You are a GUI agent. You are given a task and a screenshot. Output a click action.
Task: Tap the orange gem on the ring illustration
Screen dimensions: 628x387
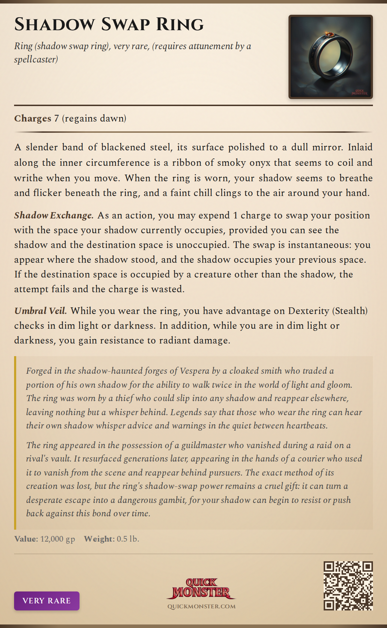(330, 34)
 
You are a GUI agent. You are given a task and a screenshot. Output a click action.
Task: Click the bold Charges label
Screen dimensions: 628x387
(32, 118)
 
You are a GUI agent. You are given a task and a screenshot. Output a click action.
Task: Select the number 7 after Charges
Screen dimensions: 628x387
(56, 118)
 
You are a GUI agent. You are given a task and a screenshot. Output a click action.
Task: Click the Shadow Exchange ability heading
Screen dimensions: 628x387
(53, 215)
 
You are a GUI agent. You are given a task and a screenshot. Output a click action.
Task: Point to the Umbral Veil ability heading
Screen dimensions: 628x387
(40, 311)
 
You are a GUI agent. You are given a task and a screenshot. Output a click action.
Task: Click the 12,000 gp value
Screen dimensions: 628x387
(58, 539)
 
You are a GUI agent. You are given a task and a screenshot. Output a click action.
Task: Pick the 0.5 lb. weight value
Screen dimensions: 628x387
(128, 539)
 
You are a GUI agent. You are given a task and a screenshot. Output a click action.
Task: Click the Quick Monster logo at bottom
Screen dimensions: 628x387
(201, 588)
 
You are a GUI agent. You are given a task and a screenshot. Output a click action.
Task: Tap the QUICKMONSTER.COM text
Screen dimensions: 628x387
(201, 607)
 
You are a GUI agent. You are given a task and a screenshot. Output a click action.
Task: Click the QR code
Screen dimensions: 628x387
(348, 586)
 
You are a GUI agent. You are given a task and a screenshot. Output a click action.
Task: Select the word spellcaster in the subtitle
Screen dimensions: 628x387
(36, 59)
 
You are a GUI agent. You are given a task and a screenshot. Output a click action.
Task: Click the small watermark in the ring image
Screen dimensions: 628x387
(360, 92)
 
